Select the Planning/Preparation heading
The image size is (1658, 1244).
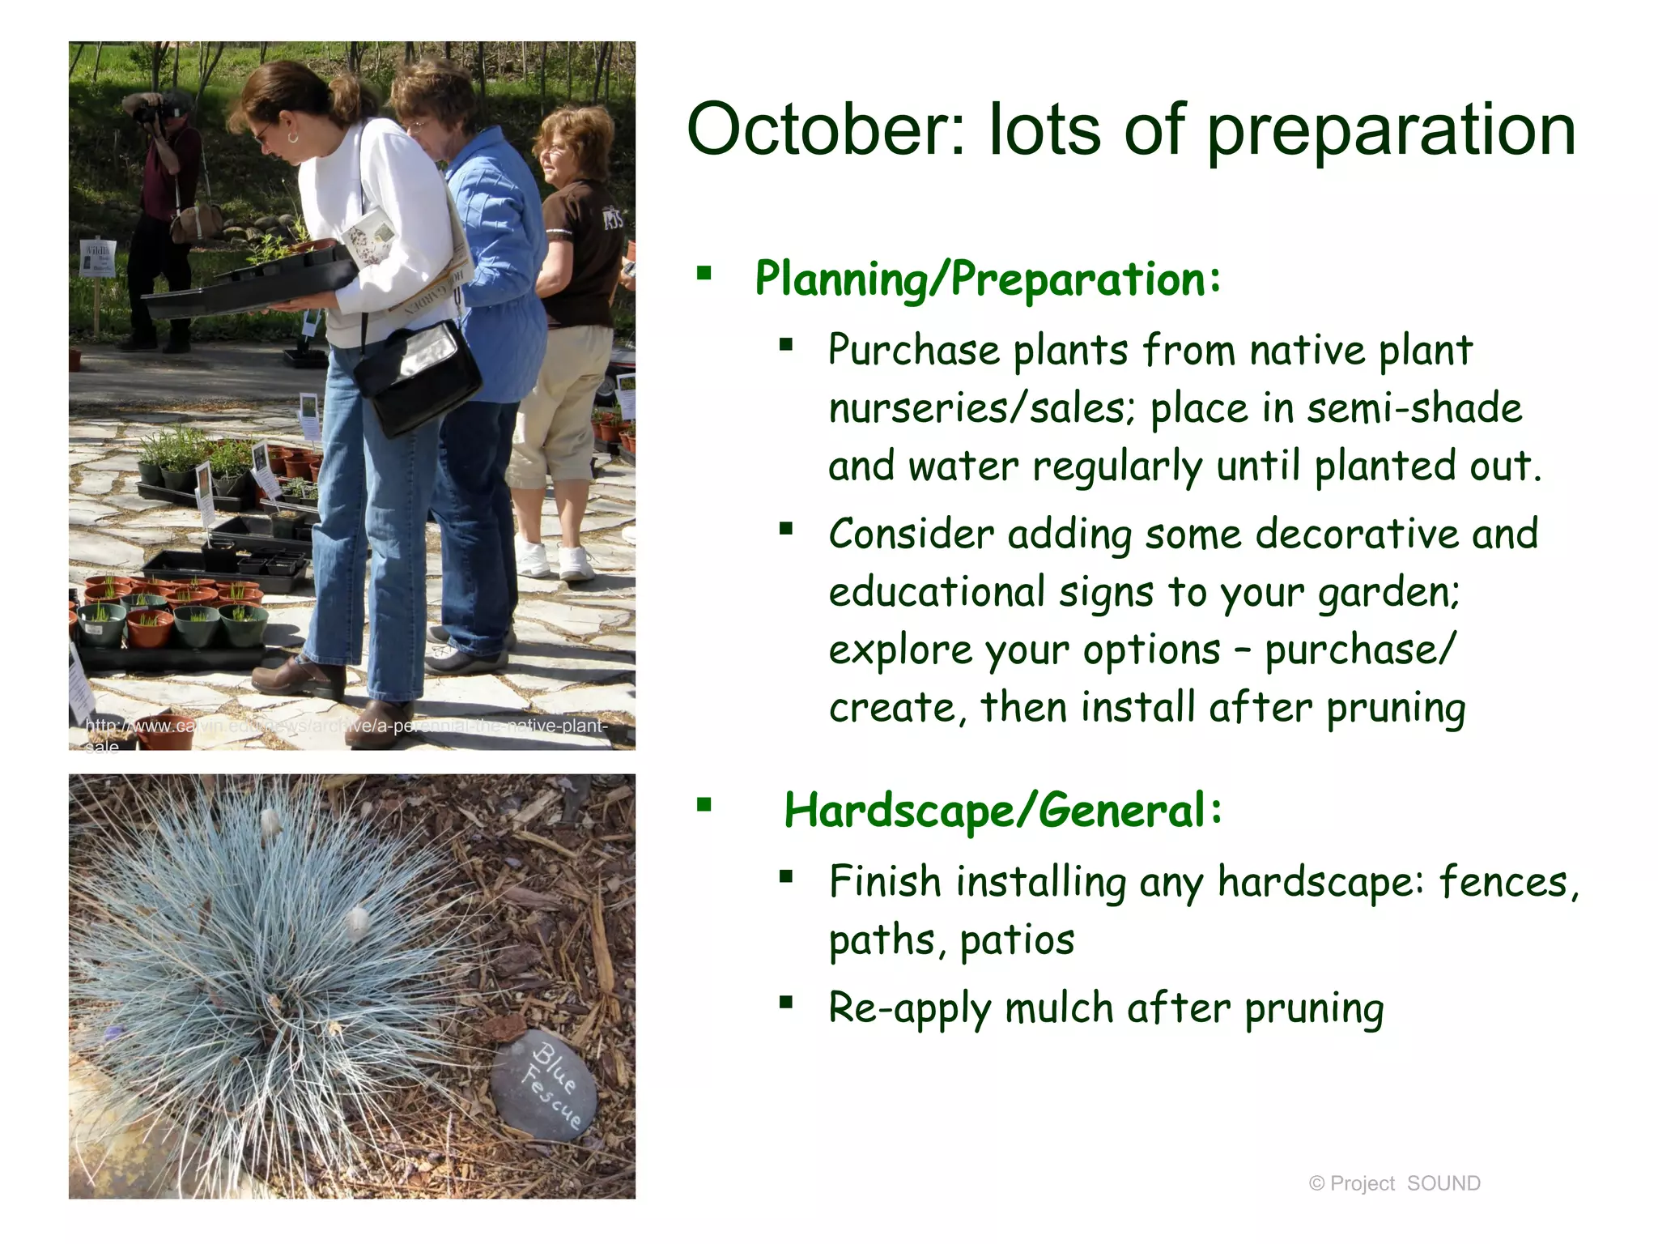[x=987, y=279]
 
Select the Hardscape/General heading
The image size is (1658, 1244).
[x=1002, y=811]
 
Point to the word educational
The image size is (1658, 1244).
[x=937, y=592]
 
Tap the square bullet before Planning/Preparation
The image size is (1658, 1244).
[x=704, y=273]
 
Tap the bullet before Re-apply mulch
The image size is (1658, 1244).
[x=785, y=1003]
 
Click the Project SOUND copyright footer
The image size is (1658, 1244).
[x=1394, y=1183]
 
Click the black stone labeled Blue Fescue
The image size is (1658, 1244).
[x=544, y=1085]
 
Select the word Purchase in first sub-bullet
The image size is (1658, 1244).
[x=914, y=351]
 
